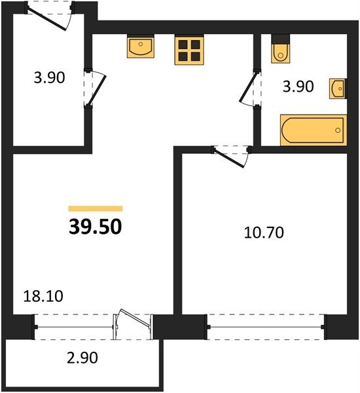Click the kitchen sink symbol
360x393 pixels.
(x=140, y=47)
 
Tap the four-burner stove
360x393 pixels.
(x=189, y=50)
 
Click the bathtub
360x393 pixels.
(x=314, y=130)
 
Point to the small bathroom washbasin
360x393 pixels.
(x=338, y=88)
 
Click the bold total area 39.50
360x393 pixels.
(x=95, y=227)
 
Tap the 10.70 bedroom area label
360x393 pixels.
(x=264, y=233)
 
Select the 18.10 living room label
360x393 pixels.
(x=43, y=296)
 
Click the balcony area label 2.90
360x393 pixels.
(x=82, y=358)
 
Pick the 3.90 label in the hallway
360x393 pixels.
(x=49, y=77)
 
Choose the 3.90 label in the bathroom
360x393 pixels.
(x=298, y=86)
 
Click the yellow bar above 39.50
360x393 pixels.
(x=96, y=208)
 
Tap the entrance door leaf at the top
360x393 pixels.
(x=46, y=19)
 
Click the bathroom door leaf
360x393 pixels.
(x=248, y=87)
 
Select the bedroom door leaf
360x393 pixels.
(x=229, y=159)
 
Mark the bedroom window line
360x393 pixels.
(x=266, y=327)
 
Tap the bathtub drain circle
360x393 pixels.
(x=338, y=130)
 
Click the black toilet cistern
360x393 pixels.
(x=281, y=39)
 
